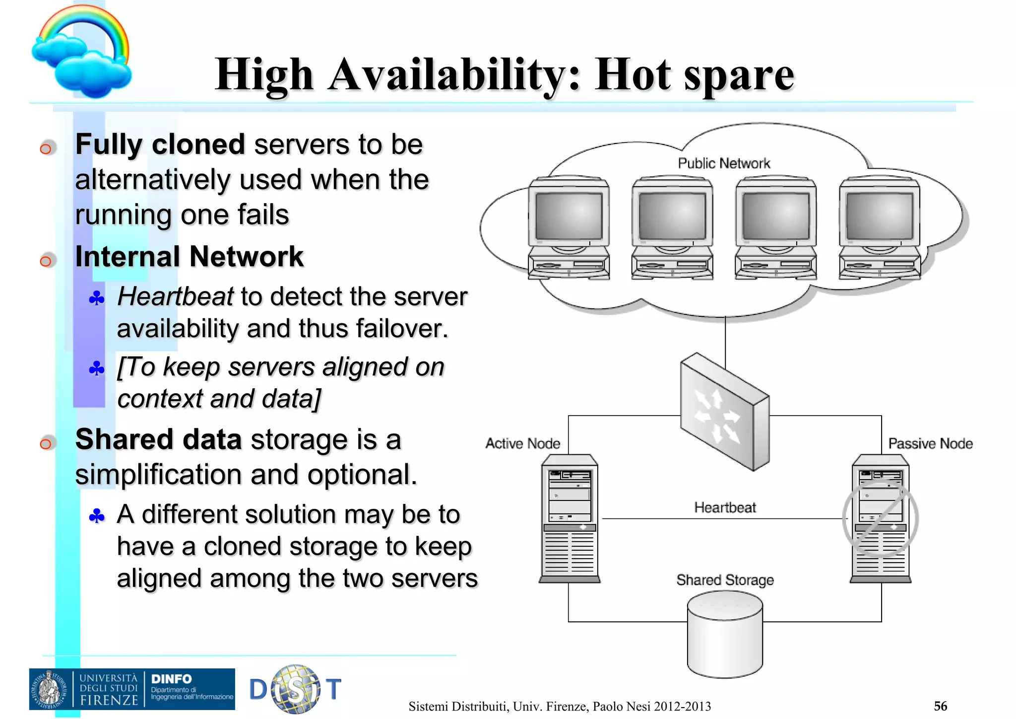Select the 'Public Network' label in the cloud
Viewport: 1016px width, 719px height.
723,163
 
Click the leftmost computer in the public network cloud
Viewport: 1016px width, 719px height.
569,227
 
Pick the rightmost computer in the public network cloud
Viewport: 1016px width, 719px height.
879,227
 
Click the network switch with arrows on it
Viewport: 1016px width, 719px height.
724,412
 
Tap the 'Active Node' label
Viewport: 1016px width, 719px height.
522,443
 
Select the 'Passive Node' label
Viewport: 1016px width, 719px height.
930,443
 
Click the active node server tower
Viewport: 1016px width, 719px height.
570,518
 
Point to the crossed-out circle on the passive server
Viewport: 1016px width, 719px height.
881,517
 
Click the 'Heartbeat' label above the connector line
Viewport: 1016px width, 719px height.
724,507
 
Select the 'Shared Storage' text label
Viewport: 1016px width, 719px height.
725,580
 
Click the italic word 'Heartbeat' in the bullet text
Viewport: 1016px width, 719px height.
175,297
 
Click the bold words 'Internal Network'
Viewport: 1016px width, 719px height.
189,257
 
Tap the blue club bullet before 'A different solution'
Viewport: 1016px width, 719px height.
97,516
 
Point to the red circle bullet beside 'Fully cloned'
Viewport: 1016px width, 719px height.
46,148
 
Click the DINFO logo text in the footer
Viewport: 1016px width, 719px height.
171,679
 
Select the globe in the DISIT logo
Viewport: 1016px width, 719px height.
296,689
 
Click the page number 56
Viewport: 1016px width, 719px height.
940,706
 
